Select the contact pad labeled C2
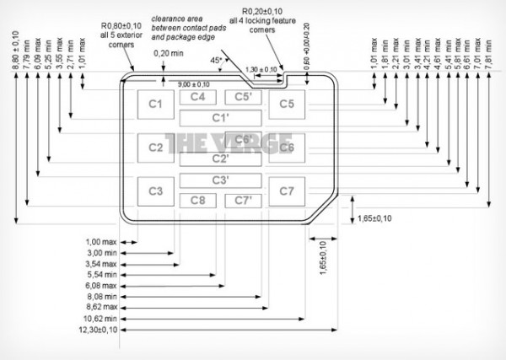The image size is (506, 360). (155, 148)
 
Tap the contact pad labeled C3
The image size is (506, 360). (155, 191)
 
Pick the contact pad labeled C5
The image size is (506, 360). (286, 105)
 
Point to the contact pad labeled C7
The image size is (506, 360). (286, 191)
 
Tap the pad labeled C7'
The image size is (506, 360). (243, 200)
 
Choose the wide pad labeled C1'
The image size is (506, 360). (221, 117)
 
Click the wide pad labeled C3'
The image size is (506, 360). (221, 180)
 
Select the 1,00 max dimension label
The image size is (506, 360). (103, 240)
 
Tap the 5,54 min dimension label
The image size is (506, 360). (103, 274)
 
